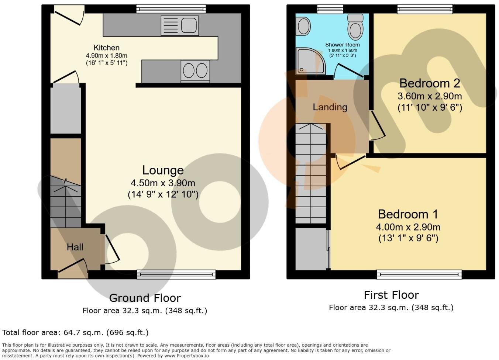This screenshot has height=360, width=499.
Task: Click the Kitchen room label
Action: [107, 48]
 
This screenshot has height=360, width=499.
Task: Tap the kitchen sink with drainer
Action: [180, 25]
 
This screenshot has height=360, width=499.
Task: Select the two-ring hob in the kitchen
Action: [195, 70]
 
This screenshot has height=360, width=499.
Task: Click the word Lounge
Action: [163, 170]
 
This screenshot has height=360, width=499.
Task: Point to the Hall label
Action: [75, 247]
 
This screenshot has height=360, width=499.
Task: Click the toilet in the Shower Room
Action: [355, 27]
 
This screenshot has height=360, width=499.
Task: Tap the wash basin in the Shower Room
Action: [303, 27]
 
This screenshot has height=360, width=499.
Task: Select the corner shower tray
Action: [310, 61]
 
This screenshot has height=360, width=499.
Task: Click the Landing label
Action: [330, 107]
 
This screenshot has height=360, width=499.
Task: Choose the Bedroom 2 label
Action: [430, 83]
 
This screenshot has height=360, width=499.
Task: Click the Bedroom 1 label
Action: [408, 214]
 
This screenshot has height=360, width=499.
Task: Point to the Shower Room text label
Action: [343, 45]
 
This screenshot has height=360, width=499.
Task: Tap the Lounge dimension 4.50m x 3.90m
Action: [163, 183]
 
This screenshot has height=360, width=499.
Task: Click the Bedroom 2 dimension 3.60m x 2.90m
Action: [430, 96]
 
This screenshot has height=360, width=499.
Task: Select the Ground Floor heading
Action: [145, 298]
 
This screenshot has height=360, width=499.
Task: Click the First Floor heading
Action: [391, 295]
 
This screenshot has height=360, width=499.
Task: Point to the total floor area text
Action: [75, 333]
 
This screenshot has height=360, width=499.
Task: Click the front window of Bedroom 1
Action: [419, 274]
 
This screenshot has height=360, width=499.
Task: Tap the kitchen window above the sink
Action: [171, 9]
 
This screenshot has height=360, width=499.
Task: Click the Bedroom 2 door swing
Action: [378, 126]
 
